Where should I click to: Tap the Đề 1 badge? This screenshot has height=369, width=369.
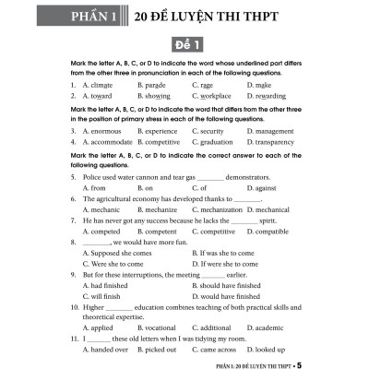click(x=184, y=46)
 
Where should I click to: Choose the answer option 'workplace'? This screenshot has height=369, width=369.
click(x=212, y=95)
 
